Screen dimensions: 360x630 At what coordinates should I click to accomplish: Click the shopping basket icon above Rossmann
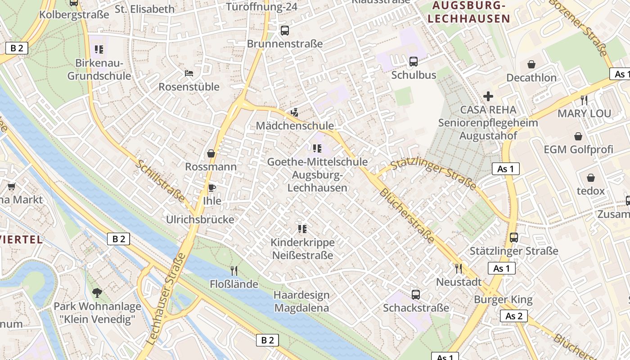[211, 153]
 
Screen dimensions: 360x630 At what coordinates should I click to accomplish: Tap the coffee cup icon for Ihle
[211, 188]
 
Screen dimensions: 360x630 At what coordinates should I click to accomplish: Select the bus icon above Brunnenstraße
[284, 31]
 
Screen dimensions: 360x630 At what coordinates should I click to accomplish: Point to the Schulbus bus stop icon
[413, 62]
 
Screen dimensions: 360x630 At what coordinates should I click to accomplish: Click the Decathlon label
[531, 78]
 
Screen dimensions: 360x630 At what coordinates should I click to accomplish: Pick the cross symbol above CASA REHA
[488, 96]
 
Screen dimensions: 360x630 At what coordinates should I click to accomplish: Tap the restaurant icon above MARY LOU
[584, 100]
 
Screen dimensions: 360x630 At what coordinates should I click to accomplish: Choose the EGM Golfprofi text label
[578, 149]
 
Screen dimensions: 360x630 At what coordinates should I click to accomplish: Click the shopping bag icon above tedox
[590, 178]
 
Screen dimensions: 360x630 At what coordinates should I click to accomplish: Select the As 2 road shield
[513, 316]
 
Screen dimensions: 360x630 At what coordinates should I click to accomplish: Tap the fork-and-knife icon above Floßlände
[234, 270]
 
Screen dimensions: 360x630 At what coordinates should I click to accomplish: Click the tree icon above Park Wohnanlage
[97, 293]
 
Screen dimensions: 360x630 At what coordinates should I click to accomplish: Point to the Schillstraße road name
[161, 181]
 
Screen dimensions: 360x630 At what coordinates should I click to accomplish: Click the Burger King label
[503, 300]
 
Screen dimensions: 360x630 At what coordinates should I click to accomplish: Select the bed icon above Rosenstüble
[189, 73]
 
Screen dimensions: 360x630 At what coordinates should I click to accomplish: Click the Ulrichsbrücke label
[200, 220]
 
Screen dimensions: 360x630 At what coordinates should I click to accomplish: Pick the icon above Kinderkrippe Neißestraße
[302, 229]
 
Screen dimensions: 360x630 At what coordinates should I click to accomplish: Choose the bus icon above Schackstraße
[416, 295]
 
